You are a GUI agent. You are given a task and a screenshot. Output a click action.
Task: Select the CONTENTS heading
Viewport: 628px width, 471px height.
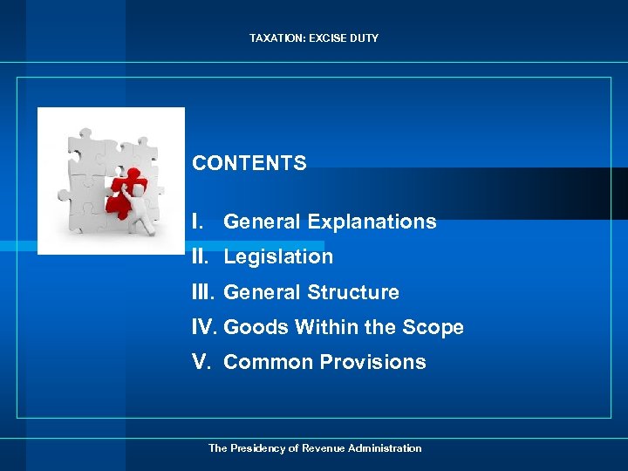pos(249,163)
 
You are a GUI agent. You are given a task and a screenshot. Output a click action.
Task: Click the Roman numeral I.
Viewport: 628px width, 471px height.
pos(195,222)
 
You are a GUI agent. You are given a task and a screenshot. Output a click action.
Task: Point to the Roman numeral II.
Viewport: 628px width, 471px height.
pos(200,256)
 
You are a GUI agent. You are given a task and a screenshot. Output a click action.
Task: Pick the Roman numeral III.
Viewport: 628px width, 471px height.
pos(203,292)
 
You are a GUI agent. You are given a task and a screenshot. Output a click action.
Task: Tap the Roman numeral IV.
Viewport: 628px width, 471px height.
pos(205,327)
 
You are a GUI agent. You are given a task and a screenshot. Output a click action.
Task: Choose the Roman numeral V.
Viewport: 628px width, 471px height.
pos(202,362)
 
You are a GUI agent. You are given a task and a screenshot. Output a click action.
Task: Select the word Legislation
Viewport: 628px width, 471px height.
pos(278,256)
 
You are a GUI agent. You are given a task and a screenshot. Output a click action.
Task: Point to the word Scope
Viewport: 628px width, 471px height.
pos(433,327)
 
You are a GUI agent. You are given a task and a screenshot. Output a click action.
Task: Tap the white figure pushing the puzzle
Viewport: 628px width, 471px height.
pos(141,209)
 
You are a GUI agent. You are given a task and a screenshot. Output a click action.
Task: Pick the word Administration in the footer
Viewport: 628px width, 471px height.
pos(383,448)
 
